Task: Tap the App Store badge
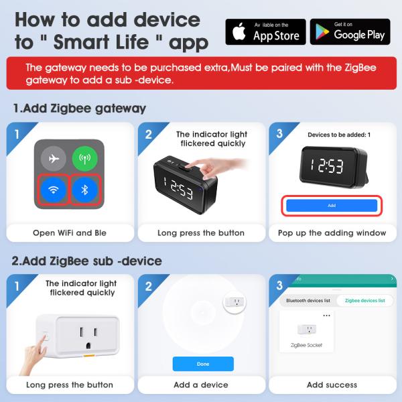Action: click(265, 31)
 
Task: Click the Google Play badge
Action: click(350, 31)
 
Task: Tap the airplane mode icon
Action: click(54, 159)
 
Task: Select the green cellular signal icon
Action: click(85, 159)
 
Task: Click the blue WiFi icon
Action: click(54, 190)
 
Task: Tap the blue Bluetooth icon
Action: click(85, 190)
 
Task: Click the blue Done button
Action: click(203, 364)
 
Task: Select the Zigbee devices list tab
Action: click(365, 300)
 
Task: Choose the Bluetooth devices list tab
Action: click(308, 300)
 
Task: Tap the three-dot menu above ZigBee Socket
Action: click(327, 316)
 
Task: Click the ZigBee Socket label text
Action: click(306, 345)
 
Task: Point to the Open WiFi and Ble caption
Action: click(70, 232)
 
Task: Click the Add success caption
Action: click(332, 385)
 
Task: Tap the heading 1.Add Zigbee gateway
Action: click(80, 109)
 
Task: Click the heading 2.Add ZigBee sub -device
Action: click(87, 261)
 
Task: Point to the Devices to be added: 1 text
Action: click(339, 135)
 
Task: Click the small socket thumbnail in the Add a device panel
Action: click(234, 302)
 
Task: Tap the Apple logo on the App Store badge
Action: click(239, 31)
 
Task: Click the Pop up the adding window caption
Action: click(332, 232)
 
